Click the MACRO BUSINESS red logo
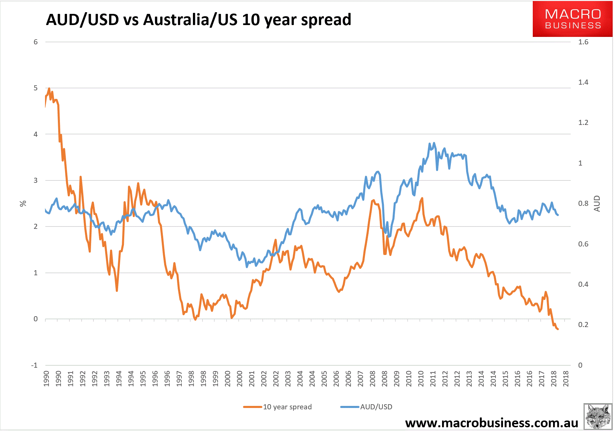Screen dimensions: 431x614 pos(572,19)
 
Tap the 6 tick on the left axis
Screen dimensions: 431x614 pos(36,42)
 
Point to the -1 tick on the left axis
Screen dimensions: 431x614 pos(35,365)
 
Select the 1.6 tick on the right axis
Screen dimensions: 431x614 pos(583,42)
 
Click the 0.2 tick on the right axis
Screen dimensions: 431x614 pos(583,325)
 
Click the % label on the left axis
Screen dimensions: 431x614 pos(23,203)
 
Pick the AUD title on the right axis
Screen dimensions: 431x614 pos(597,203)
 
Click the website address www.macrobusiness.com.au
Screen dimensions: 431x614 pos(491,423)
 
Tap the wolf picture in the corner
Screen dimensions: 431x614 pos(598,417)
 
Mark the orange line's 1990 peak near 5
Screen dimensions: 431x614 pos(49,89)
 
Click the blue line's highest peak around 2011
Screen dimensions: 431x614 pos(434,143)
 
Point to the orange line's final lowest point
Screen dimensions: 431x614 pos(557,329)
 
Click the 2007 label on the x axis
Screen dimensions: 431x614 pos(360,379)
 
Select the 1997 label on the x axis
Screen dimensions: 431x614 pos(179,379)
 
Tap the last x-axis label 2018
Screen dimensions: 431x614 pos(566,379)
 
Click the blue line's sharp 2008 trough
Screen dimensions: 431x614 pos(389,236)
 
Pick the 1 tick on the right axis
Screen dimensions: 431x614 pos(580,163)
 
